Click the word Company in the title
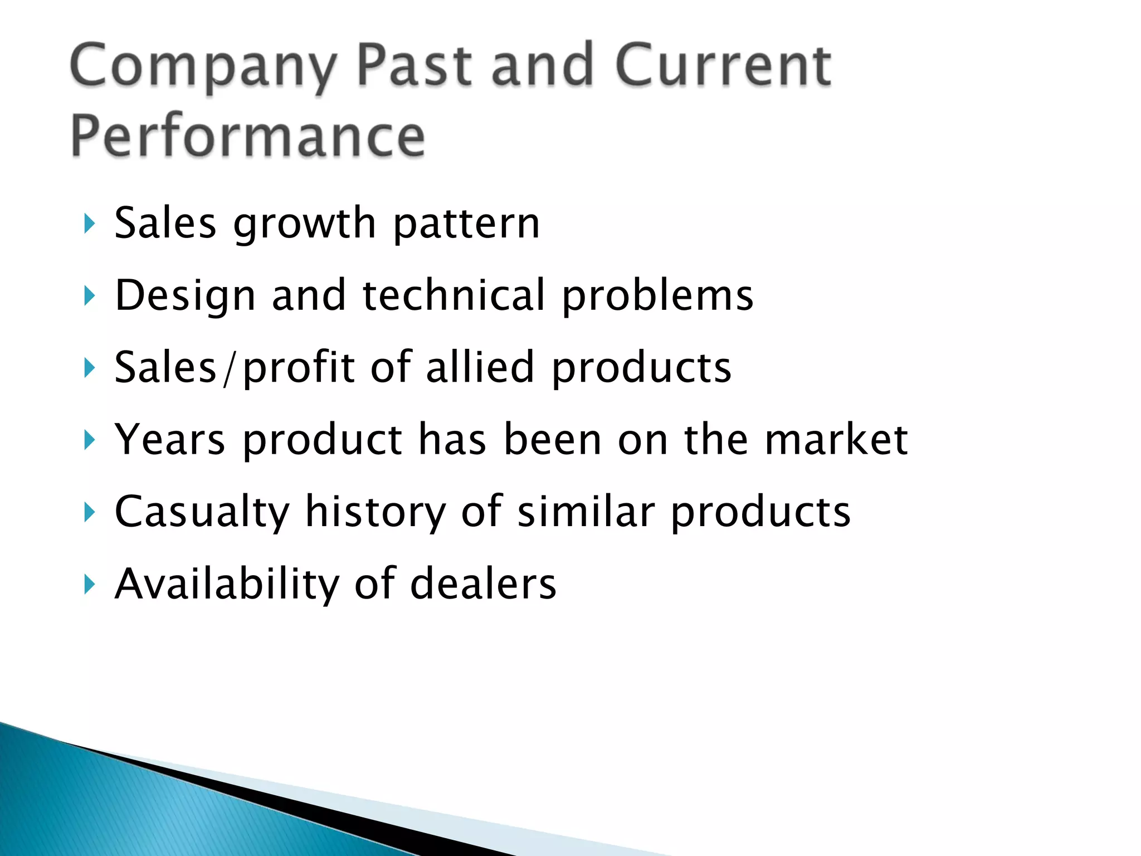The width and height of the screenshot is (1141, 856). pos(203,67)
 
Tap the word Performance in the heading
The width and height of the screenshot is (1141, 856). pos(248,137)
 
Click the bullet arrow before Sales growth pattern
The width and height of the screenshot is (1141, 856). pos(89,224)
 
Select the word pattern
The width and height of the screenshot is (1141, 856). pos(466,224)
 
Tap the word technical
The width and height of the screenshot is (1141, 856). pos(454,295)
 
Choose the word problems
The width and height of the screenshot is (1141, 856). pos(657,296)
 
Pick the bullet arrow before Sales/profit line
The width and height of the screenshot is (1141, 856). pos(89,368)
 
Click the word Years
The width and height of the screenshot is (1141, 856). pos(170,440)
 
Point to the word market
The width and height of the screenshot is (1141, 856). pos(836,440)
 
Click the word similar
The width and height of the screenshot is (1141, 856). pos(586,512)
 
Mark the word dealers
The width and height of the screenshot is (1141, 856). pos(483,584)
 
